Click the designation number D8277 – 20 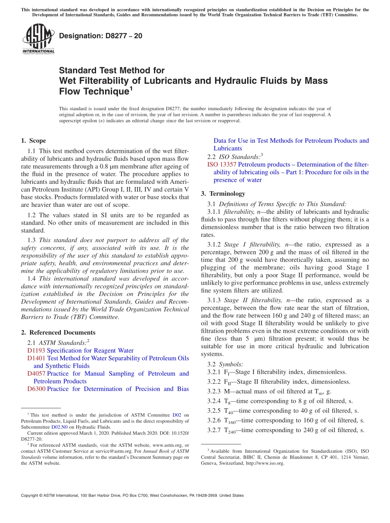click(x=101, y=36)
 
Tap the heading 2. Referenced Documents click(x=58, y=333)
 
